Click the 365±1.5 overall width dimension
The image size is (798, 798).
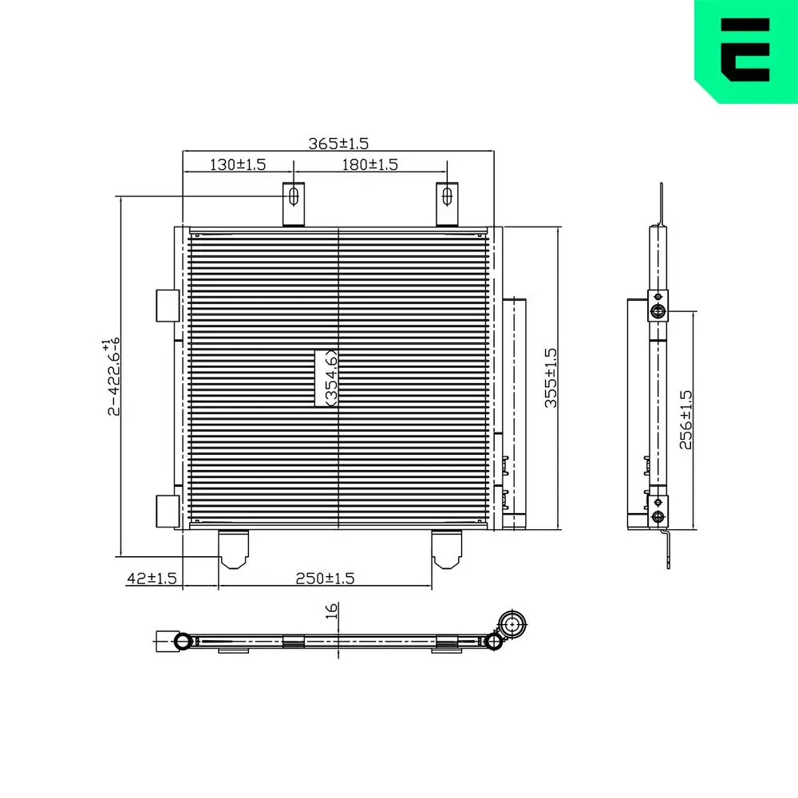pos(338,144)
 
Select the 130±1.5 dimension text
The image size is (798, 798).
pos(237,164)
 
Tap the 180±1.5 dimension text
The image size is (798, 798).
pos(369,164)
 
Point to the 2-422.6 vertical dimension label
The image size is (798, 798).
pos(113,377)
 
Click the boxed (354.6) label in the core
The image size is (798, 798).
pos(326,378)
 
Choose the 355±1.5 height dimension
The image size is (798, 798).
pos(550,378)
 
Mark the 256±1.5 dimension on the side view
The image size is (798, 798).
pos(685,420)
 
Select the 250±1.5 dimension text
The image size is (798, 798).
pos(326,578)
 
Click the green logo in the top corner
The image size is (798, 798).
pos(745,49)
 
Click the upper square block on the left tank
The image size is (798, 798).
pos(168,306)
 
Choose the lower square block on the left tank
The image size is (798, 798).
pos(168,510)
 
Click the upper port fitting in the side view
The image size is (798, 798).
pos(658,310)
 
